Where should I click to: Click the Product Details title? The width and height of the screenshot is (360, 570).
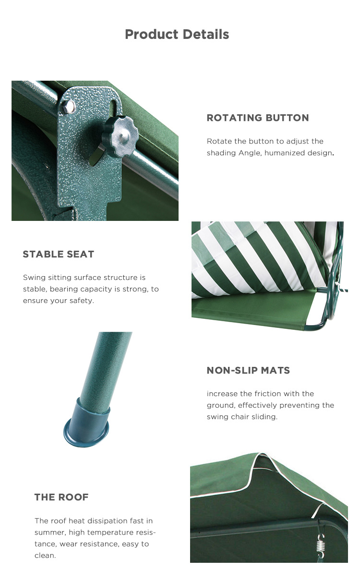177,35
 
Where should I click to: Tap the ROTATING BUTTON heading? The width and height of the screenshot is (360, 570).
258,118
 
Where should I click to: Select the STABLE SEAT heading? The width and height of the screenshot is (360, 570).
59,254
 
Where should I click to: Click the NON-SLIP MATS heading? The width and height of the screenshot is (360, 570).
248,370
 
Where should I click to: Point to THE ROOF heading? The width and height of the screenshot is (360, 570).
61,497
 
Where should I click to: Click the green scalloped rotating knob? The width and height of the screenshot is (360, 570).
120,136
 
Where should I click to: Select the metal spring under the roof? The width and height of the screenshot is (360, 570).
320,546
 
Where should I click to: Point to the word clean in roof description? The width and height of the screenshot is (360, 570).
45,556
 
